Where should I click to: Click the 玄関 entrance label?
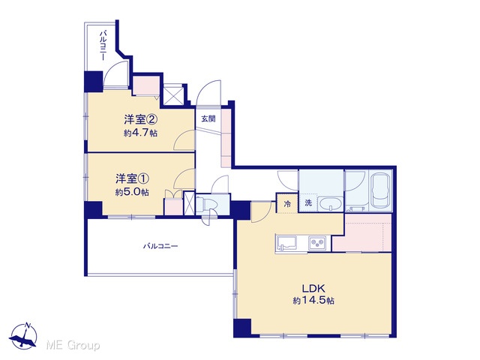click(208, 118)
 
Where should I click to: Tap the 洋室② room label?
click(141, 119)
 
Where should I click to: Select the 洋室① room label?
click(132, 178)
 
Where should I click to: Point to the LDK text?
click(313, 288)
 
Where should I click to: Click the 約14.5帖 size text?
click(313, 301)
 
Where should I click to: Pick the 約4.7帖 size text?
click(141, 133)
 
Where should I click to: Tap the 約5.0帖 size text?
click(132, 192)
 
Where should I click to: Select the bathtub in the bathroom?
click(381, 190)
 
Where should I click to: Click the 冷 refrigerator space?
click(287, 203)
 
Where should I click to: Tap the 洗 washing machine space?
click(308, 202)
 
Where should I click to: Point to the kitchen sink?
click(286, 243)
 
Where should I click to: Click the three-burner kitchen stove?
click(317, 243)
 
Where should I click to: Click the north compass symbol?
click(24, 335)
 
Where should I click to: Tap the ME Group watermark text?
click(73, 345)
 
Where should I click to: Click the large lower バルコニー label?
click(160, 246)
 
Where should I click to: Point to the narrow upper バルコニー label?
click(103, 45)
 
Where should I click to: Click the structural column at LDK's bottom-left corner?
click(242, 328)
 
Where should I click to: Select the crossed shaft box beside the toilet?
click(189, 202)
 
